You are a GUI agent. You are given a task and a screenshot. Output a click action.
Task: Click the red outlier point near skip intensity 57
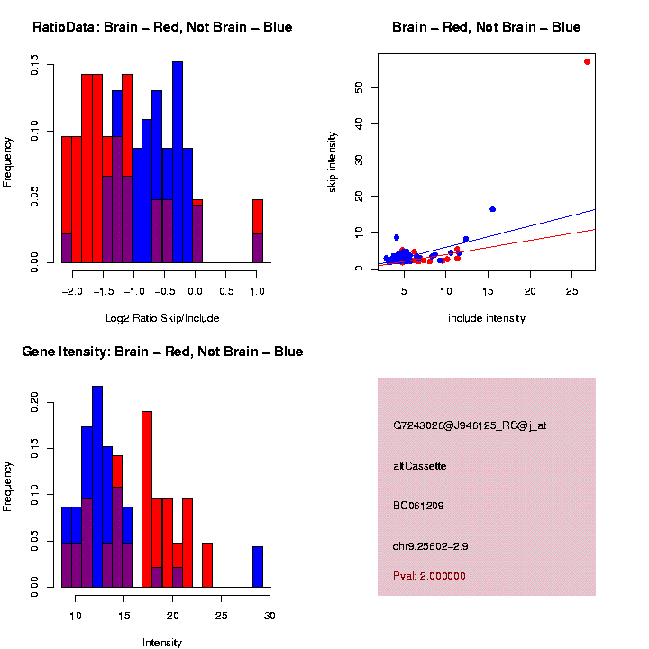tap(587, 62)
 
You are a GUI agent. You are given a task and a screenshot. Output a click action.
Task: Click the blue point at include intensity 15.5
tap(492, 209)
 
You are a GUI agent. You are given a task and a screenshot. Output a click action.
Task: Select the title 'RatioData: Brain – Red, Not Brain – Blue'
tap(162, 27)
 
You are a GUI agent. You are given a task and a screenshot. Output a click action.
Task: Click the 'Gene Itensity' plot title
tap(162, 351)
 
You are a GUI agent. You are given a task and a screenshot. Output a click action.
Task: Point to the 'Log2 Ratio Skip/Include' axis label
tap(163, 318)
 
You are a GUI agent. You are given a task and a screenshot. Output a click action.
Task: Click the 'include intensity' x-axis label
tap(487, 318)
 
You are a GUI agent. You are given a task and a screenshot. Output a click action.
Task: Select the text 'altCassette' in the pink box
tap(420, 466)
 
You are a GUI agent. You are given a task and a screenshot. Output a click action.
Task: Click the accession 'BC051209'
tap(419, 506)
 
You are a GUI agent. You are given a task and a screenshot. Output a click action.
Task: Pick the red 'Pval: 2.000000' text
tap(429, 576)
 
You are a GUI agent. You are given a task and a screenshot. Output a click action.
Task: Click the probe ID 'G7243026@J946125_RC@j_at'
tap(470, 425)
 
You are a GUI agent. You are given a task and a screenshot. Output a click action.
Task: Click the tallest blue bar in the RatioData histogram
tap(178, 162)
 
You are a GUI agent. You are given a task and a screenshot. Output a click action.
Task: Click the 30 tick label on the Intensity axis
tap(270, 615)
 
